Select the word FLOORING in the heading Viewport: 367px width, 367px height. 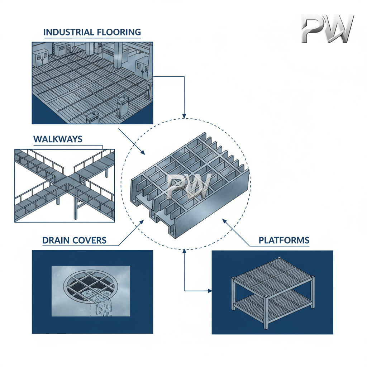[119, 32]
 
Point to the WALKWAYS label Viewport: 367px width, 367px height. [58, 139]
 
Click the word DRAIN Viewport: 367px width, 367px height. [56, 240]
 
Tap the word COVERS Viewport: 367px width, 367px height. [90, 240]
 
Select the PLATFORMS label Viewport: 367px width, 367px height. [284, 240]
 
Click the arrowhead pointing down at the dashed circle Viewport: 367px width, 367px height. [184, 116]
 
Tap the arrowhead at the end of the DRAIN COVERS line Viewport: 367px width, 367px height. [142, 223]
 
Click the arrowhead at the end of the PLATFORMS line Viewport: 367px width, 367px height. [225, 221]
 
